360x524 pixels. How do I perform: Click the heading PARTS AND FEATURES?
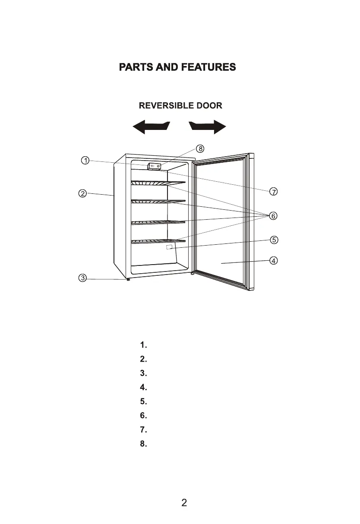click(177, 67)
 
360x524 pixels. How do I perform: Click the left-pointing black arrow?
click(150, 127)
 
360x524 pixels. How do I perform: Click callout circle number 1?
click(85, 161)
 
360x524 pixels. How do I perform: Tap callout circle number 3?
click(82, 278)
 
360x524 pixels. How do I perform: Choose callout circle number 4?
click(273, 260)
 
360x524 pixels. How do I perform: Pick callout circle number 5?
click(273, 240)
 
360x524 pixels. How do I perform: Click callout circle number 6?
click(273, 215)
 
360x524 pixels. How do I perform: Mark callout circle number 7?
click(273, 191)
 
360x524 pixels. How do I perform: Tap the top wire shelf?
click(158, 183)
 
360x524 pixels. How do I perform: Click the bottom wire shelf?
click(158, 241)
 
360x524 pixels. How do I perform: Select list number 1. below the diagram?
click(144, 345)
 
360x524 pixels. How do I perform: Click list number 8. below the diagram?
click(144, 444)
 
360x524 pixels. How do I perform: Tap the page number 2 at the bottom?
click(184, 502)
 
